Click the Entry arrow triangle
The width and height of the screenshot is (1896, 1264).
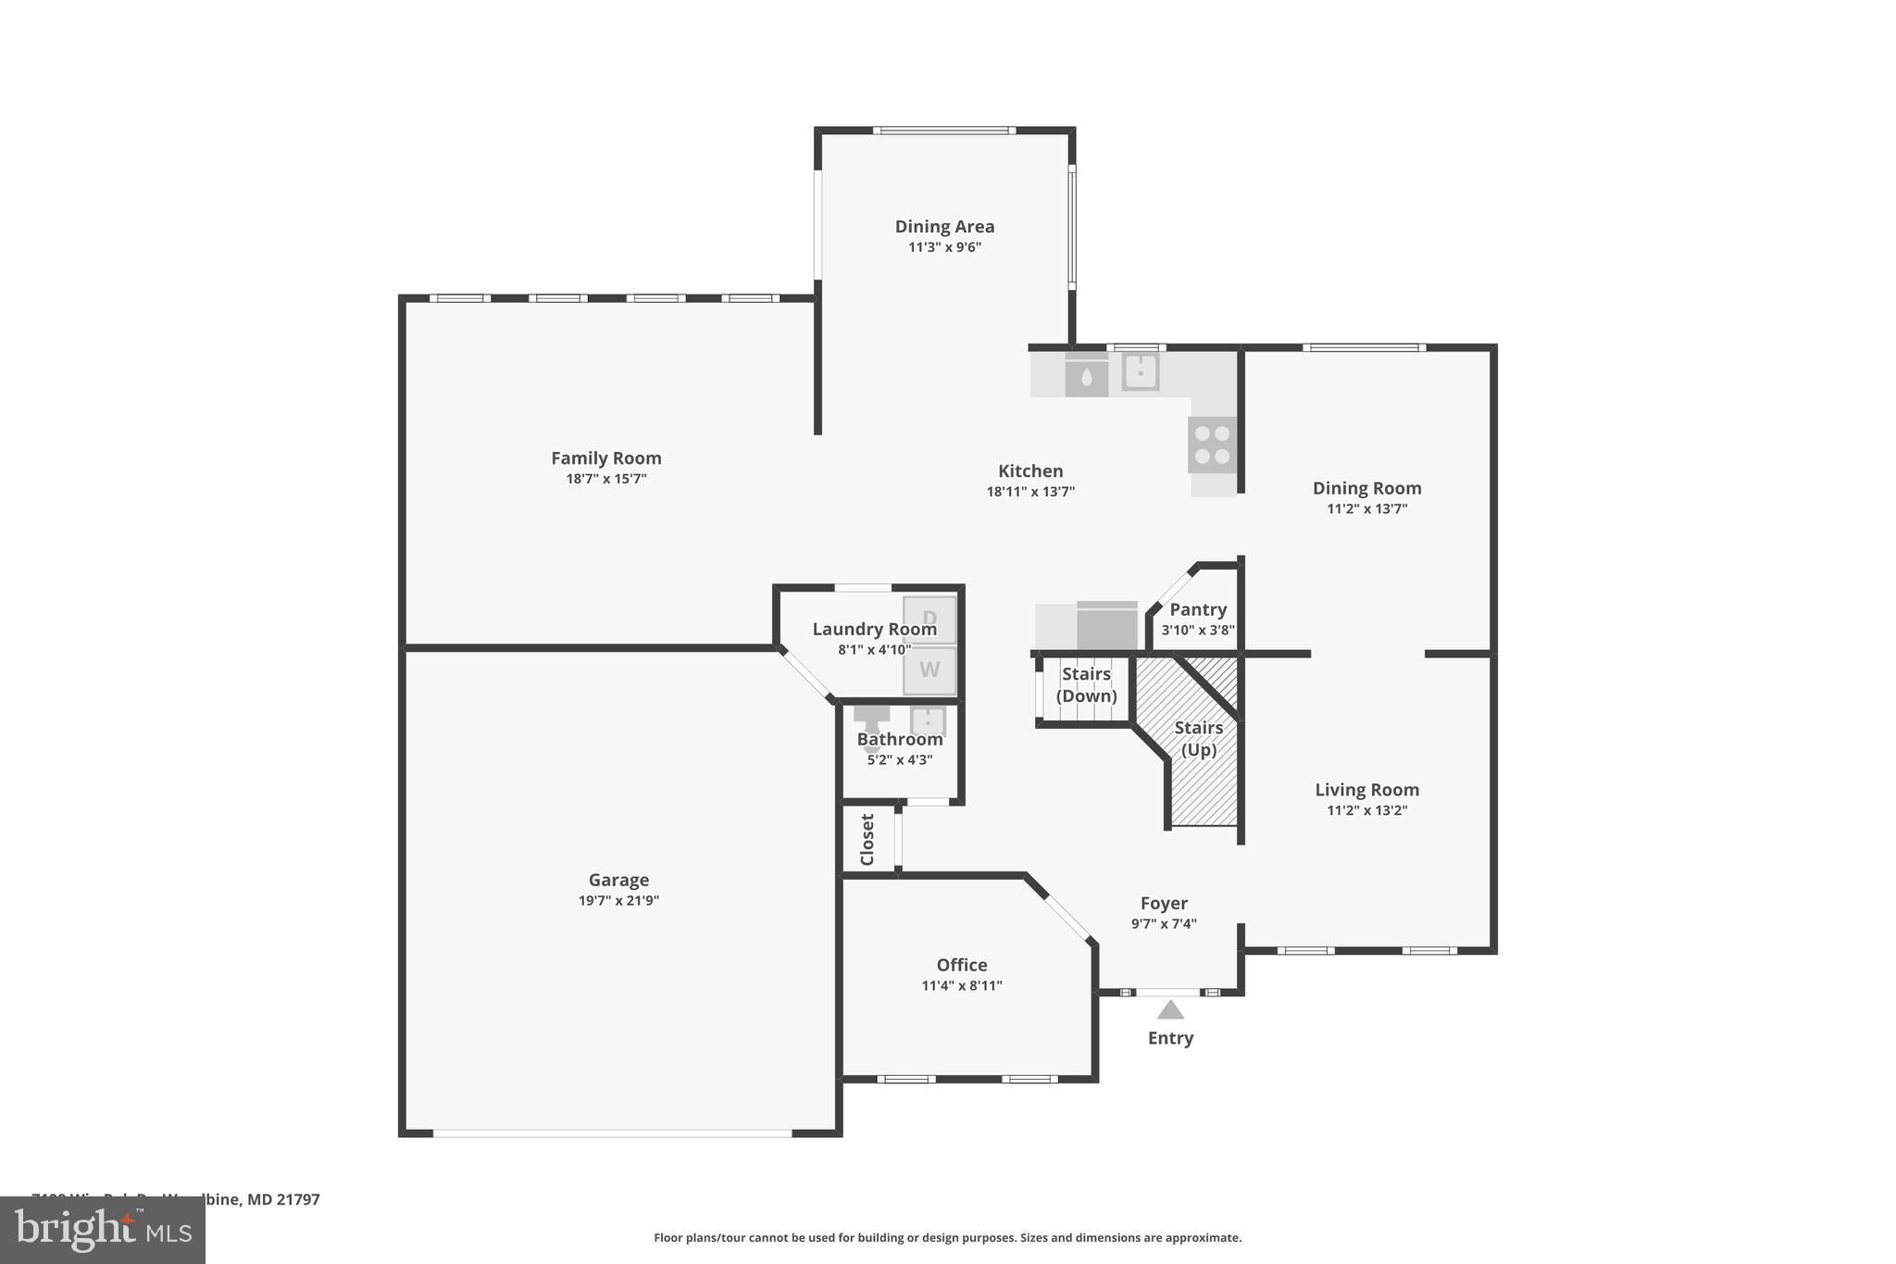coord(1170,1010)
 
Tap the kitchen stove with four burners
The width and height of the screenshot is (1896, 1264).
coord(1212,444)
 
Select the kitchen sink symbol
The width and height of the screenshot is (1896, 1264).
coord(1141,371)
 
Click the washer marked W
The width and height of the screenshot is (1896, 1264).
coord(929,670)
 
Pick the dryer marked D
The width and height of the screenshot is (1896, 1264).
coord(929,619)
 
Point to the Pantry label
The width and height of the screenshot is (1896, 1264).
coord(1198,609)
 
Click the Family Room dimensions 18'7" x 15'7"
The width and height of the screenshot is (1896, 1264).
coord(606,479)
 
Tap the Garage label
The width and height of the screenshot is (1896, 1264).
coord(618,880)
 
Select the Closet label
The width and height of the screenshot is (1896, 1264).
coord(867,839)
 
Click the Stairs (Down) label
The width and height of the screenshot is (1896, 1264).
coord(1086,684)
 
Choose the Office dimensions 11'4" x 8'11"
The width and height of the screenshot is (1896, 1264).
coord(962,985)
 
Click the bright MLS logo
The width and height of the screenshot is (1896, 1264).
coord(103,1230)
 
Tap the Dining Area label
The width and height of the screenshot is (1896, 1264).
coord(944,226)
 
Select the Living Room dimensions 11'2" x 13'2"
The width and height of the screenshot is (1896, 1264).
coord(1366,810)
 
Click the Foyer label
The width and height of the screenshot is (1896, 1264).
coord(1164,903)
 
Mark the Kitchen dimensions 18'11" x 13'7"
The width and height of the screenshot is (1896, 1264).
coord(1030,492)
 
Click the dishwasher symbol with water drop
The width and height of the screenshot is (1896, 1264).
coord(1087,375)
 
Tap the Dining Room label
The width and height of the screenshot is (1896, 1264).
coord(1366,488)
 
